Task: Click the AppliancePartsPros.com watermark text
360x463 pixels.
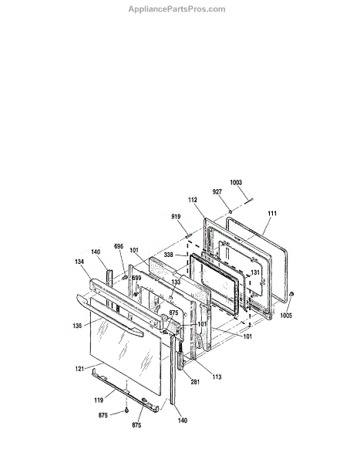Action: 177,9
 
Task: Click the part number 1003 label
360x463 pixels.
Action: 236,182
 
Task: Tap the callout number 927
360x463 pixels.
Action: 217,191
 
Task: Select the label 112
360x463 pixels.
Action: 193,200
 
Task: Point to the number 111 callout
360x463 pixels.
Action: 272,213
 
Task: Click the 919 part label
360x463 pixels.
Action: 176,216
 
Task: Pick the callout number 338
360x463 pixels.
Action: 169,255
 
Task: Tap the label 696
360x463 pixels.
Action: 119,246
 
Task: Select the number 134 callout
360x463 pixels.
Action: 79,262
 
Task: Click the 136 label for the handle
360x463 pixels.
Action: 77,326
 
